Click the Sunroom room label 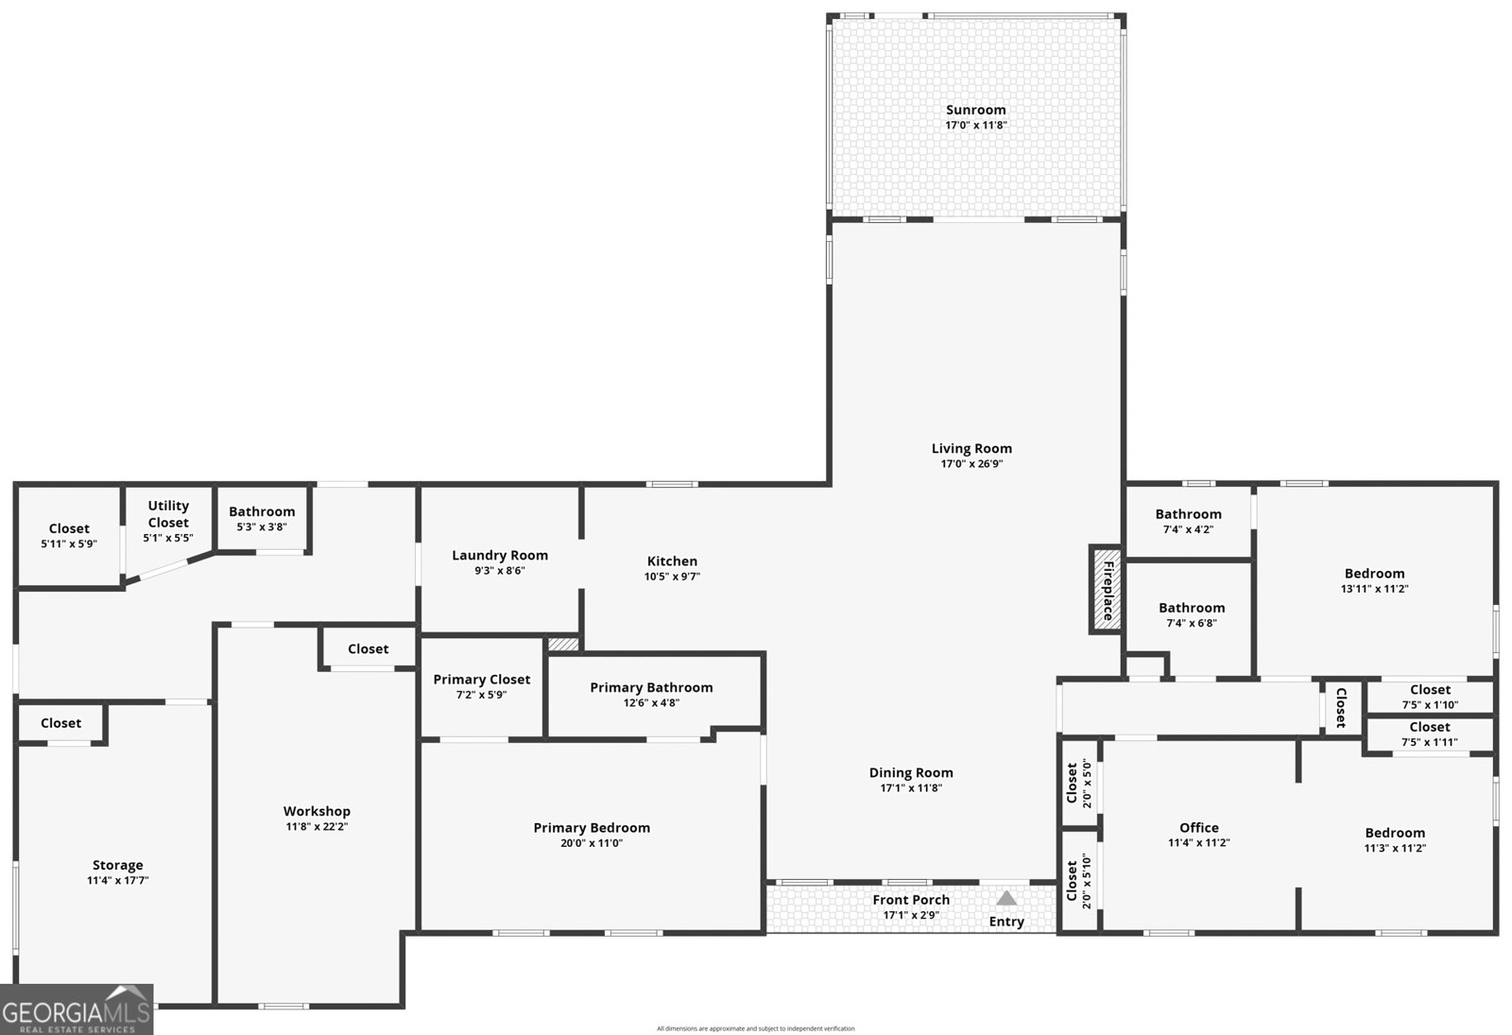click(975, 110)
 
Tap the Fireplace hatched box click(1106, 590)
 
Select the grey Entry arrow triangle click(1005, 897)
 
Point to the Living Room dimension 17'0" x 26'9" click(971, 464)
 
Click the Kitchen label click(672, 561)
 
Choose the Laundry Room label click(500, 555)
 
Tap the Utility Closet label click(168, 514)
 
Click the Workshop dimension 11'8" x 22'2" click(317, 826)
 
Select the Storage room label click(117, 865)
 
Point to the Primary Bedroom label click(592, 828)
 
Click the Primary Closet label click(481, 680)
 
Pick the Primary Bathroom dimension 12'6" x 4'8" click(651, 703)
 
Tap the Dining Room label click(911, 772)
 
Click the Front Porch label click(911, 900)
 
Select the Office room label click(1199, 828)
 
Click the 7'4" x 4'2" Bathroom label click(1188, 514)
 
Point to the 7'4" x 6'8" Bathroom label click(1192, 608)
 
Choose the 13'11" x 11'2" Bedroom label click(1374, 573)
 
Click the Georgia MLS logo click(77, 1009)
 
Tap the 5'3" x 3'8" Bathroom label click(262, 511)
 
